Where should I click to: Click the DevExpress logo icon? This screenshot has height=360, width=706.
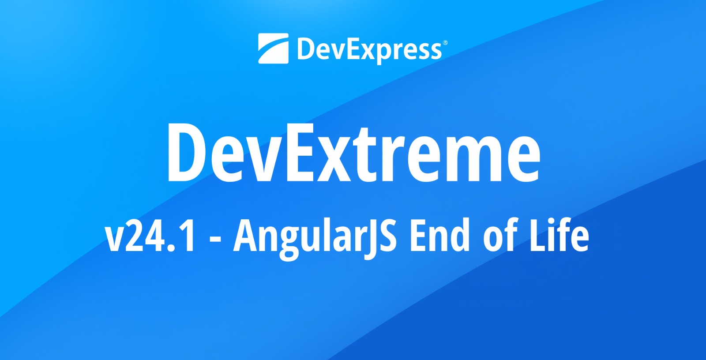[x=273, y=49]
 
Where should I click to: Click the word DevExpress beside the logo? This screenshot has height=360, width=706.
[x=369, y=50]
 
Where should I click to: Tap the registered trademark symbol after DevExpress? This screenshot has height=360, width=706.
[x=445, y=42]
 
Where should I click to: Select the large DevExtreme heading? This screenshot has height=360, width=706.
[x=354, y=153]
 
